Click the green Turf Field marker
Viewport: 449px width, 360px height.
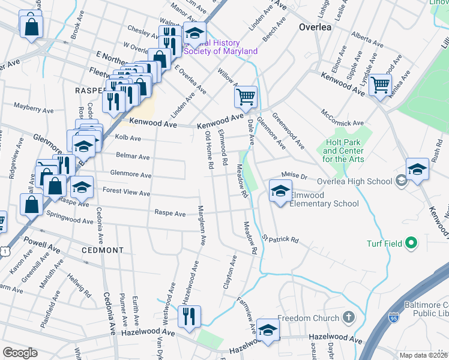coord(411,243)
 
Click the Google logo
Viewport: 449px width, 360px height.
coord(20,353)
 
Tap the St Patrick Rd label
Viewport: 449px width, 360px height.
coord(279,240)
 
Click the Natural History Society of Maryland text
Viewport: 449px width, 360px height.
coord(220,47)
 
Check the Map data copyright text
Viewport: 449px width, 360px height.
coord(423,355)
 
